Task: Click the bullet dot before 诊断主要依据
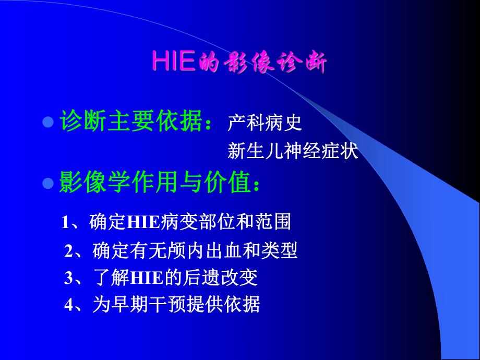pos(48,122)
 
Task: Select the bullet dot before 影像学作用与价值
pos(48,183)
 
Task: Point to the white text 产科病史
pos(265,123)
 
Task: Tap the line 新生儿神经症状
pos(293,151)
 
